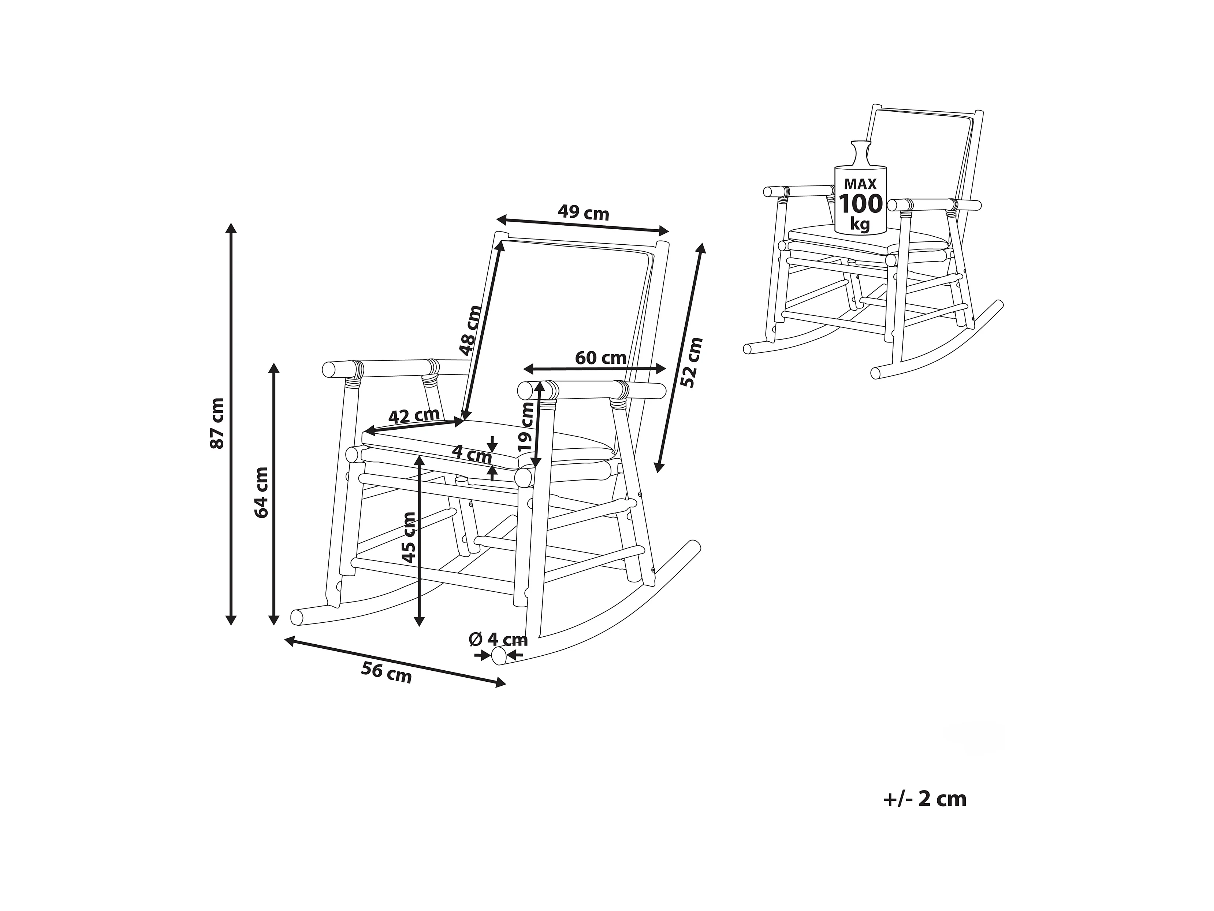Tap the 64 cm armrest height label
262,493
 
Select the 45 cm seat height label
409,538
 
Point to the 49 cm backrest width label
584,212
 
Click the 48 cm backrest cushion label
470,330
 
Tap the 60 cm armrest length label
601,358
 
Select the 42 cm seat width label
414,416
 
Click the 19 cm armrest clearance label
526,427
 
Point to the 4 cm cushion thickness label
472,454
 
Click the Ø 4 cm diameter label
498,639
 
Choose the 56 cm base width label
386,673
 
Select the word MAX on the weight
860,184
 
